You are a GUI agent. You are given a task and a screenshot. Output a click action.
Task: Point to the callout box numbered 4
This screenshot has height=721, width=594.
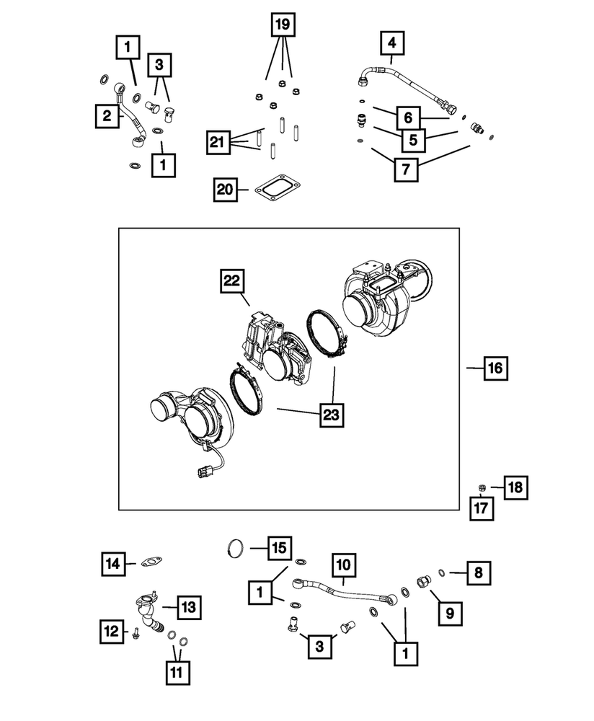coord(392,43)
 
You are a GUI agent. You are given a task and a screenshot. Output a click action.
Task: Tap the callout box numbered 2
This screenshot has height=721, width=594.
coord(107,115)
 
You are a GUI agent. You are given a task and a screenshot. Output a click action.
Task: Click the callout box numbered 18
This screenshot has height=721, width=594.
coord(515,488)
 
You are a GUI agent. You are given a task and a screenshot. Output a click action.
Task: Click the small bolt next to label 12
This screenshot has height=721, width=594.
coord(136,634)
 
